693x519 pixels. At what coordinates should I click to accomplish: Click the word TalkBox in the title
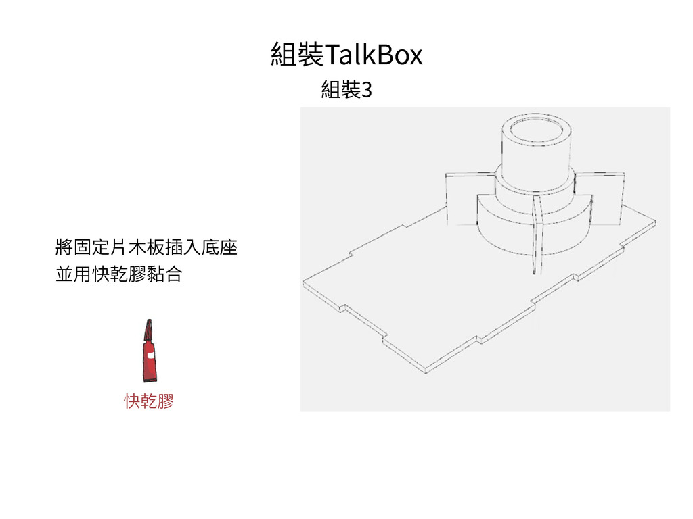pyautogui.click(x=374, y=55)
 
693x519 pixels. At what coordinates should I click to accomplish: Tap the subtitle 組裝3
pyautogui.click(x=346, y=89)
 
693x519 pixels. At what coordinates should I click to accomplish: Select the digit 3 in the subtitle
pyautogui.click(x=367, y=89)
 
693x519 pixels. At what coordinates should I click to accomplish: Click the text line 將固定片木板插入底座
pyautogui.click(x=146, y=247)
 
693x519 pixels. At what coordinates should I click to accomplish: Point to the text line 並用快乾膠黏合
pyautogui.click(x=118, y=274)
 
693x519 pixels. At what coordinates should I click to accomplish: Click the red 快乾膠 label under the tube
pyautogui.click(x=148, y=401)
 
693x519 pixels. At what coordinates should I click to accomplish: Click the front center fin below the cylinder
pyautogui.click(x=538, y=237)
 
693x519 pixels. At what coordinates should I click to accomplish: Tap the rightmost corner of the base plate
pyautogui.click(x=656, y=222)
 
